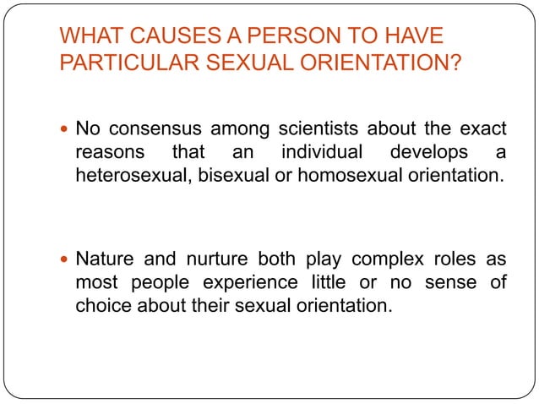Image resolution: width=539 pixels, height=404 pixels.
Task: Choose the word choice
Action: pos(99,305)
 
